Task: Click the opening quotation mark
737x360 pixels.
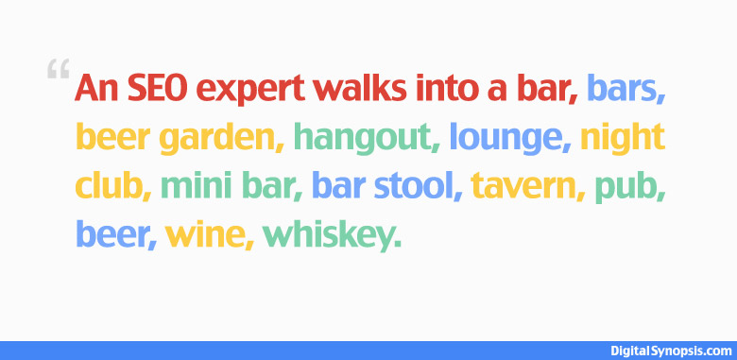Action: [x=57, y=70]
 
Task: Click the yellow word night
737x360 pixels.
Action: [x=623, y=140]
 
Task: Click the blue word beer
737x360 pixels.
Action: [x=112, y=235]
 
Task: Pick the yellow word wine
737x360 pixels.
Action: [x=206, y=235]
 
